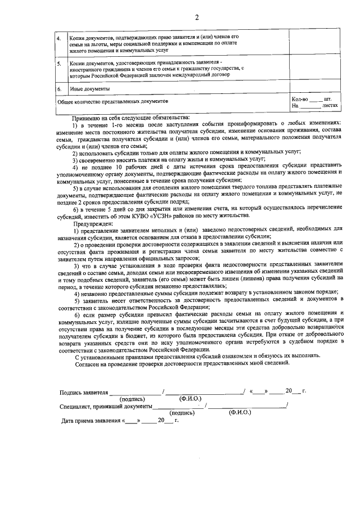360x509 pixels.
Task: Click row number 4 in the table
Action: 61,39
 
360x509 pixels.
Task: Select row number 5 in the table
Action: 61,64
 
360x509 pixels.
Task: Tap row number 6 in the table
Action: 61,89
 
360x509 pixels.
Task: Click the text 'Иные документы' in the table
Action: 90,89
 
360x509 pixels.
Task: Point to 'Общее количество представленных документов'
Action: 113,102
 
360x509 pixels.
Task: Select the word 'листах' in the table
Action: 331,105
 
